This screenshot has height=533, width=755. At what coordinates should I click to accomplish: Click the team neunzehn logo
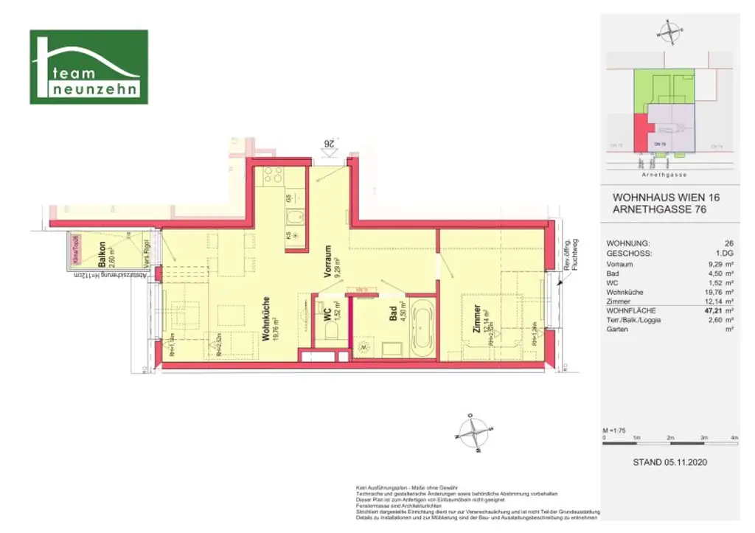point(88,67)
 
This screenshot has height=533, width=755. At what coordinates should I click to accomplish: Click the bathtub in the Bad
point(422,330)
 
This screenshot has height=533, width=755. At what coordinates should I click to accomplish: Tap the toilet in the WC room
point(332,335)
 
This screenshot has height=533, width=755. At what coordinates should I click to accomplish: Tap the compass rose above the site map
point(669,32)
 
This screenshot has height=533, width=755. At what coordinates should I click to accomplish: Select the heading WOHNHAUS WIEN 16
point(666,198)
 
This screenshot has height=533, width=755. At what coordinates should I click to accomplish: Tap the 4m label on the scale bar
point(734,438)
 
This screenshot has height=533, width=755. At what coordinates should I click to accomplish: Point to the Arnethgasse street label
point(664,175)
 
